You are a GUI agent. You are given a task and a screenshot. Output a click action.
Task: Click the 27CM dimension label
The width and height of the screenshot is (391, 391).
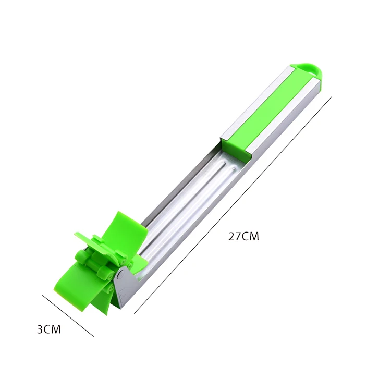click(243, 236)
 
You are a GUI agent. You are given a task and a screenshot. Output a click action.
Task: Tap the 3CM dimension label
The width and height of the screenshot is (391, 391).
click(49, 329)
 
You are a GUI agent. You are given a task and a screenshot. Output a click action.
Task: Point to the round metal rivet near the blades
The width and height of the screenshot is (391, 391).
click(121, 275)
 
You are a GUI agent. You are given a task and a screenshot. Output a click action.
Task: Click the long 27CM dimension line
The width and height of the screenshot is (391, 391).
click(233, 205)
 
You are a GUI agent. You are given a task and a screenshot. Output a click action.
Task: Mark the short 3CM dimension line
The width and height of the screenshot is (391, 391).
click(68, 316)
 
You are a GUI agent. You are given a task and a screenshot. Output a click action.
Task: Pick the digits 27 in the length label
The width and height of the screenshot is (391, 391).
click(235, 236)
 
